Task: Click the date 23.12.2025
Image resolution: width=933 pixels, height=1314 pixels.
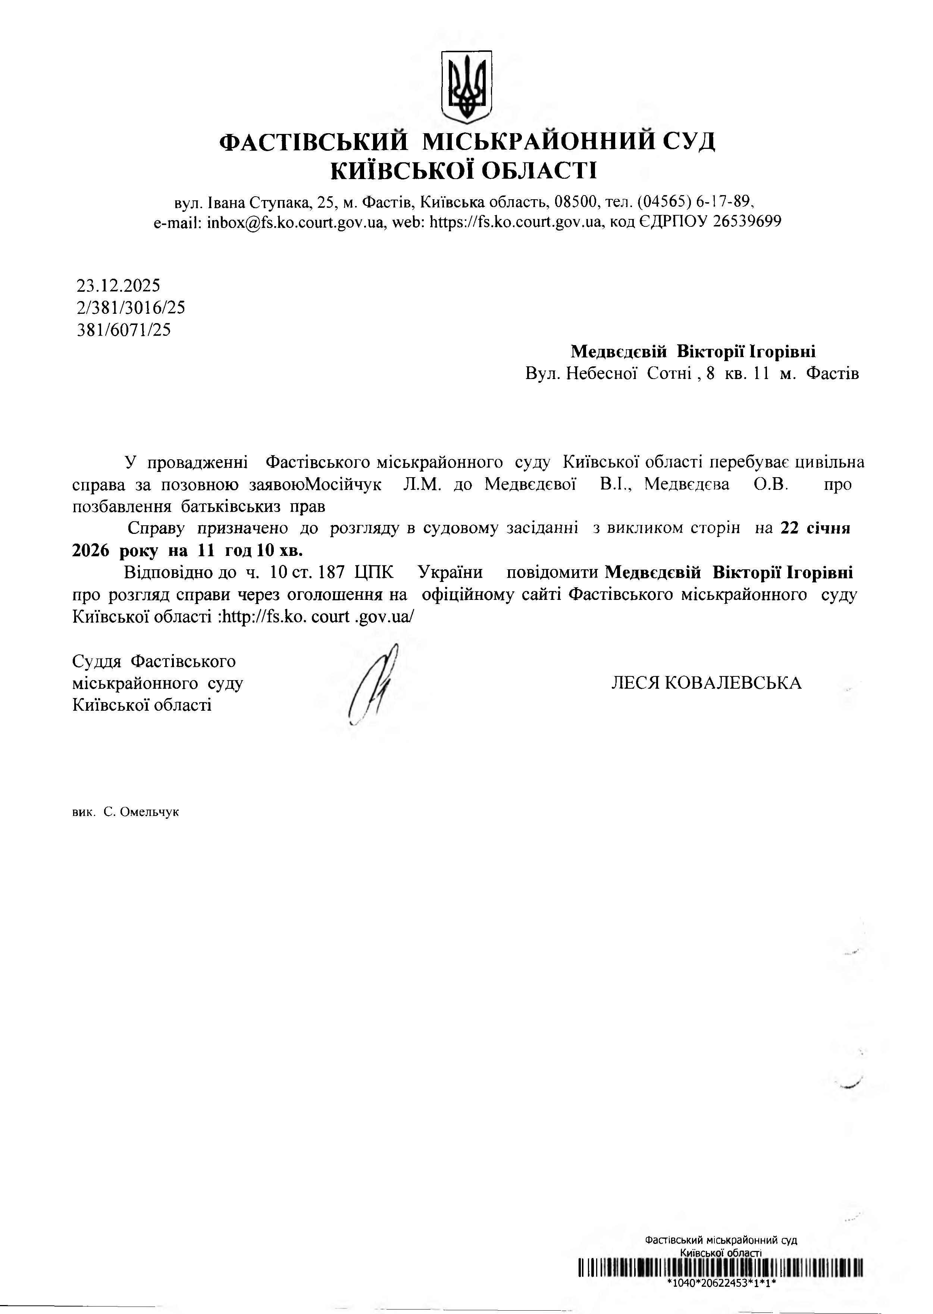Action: (x=118, y=285)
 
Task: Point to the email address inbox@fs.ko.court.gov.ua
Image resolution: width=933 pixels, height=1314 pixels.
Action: (x=295, y=222)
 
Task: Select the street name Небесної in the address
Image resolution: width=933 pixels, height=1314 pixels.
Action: (x=601, y=374)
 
